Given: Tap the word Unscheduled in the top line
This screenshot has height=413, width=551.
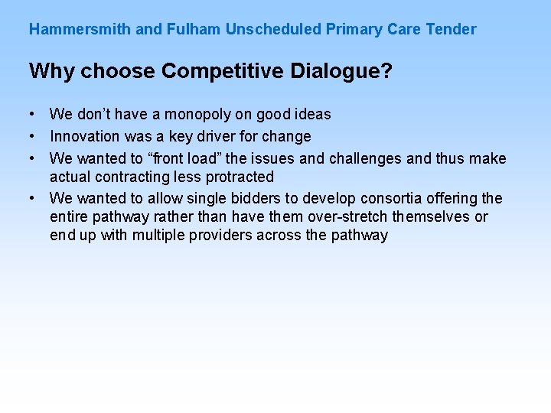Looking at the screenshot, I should (x=273, y=30).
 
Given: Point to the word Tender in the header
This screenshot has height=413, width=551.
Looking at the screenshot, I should (x=451, y=30).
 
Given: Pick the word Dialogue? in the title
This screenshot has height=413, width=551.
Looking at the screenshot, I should (x=342, y=72).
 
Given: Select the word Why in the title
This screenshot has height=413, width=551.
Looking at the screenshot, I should (x=52, y=72).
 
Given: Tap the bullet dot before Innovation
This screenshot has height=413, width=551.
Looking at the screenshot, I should (x=34, y=136).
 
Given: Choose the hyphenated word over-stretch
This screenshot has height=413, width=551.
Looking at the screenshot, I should (x=347, y=217).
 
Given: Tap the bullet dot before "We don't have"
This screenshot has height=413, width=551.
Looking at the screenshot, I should (x=34, y=114).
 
